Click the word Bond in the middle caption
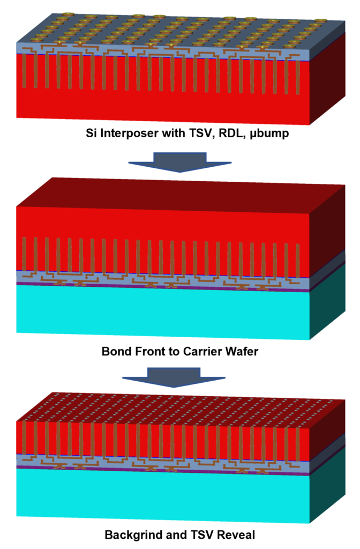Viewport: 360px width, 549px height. tap(115, 352)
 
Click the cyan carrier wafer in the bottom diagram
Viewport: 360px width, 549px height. tap(161, 496)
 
